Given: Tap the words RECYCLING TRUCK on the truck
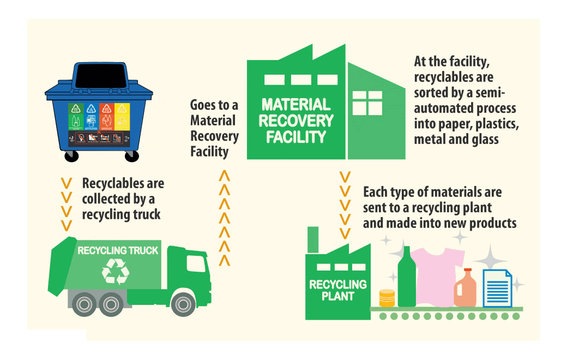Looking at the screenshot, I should click(118, 251).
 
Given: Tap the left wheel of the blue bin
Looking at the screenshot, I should click(71, 156).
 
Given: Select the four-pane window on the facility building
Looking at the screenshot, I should click(367, 103).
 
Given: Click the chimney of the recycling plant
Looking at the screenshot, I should click(313, 239).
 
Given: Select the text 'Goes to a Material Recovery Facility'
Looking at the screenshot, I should click(214, 128).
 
